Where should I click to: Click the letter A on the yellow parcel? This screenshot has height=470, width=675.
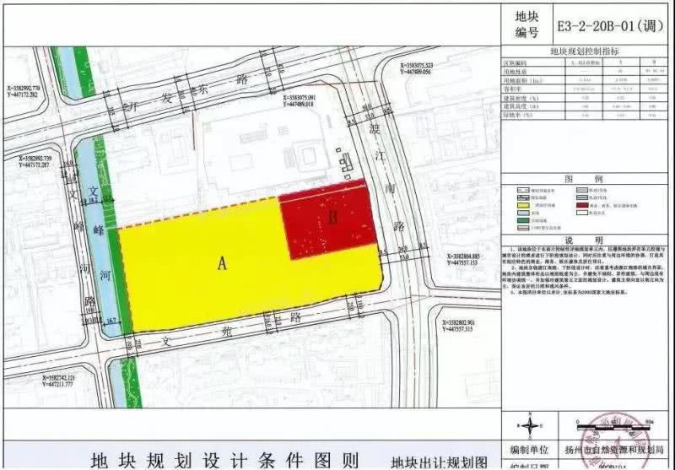click(223, 262)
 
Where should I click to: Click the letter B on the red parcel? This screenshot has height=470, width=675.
click(333, 219)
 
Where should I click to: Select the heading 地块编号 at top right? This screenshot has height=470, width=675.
click(526, 24)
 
